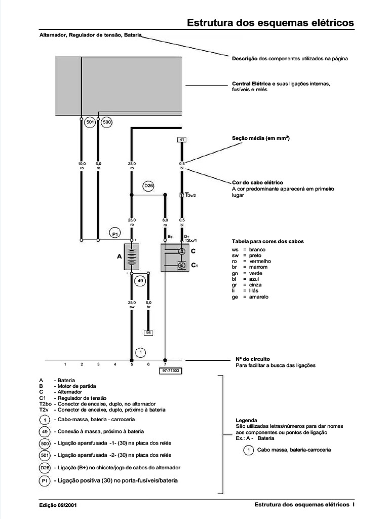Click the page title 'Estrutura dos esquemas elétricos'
[270, 23]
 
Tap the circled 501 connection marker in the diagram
[90, 122]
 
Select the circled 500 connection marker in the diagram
[107, 122]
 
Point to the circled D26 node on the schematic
[148, 186]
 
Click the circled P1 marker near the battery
[115, 233]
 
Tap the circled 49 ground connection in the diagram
[140, 280]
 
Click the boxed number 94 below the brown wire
[148, 332]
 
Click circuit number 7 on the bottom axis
[165, 364]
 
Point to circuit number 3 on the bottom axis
[98, 364]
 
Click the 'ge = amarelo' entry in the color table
[250, 296]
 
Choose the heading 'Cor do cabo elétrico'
[257, 182]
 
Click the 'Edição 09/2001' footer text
[58, 505]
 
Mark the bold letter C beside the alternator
[193, 251]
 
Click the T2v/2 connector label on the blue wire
[191, 195]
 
